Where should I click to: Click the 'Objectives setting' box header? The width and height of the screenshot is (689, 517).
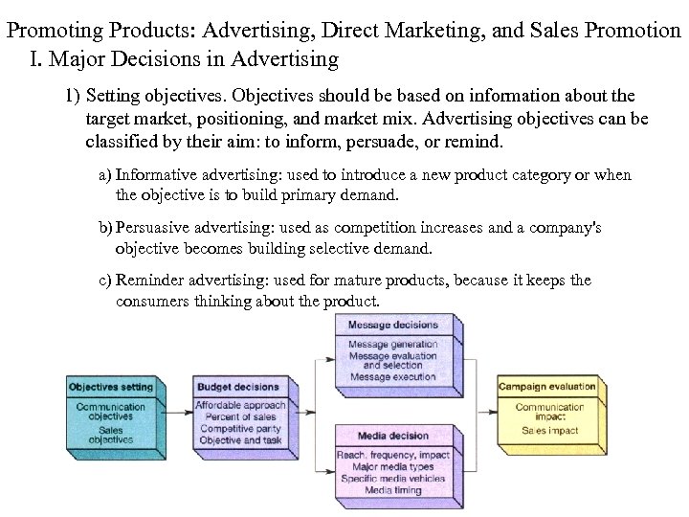click(x=111, y=387)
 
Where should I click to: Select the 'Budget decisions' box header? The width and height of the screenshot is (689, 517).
click(x=237, y=387)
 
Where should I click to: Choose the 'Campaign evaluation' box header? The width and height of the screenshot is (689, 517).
click(x=547, y=387)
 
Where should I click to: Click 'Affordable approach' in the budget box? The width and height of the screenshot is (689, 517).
click(x=239, y=405)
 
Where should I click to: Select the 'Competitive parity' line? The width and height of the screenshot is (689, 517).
click(x=239, y=430)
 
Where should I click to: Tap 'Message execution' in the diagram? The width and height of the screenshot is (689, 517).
click(x=392, y=377)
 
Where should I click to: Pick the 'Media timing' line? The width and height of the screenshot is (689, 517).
click(x=392, y=489)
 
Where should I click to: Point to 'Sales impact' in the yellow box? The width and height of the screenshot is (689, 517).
click(x=549, y=431)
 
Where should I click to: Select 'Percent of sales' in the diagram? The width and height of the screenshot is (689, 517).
click(x=239, y=417)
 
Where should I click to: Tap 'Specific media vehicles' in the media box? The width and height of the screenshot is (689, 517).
click(x=392, y=478)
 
